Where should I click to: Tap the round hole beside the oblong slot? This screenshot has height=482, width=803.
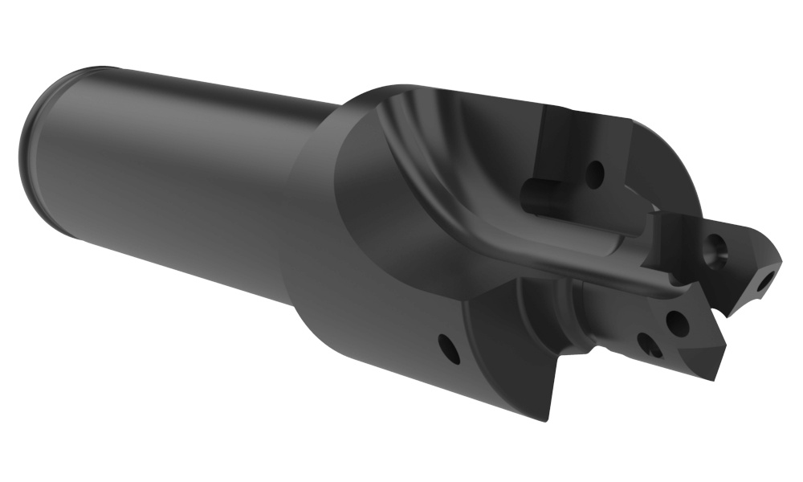pos(595,173)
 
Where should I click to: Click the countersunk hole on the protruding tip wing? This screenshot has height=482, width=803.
pos(714,247)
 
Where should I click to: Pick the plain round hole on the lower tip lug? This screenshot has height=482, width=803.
pos(677,323)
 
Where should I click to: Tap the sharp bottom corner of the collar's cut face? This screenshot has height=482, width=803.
pos(545,419)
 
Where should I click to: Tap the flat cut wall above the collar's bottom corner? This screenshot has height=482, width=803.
pos(514,353)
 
